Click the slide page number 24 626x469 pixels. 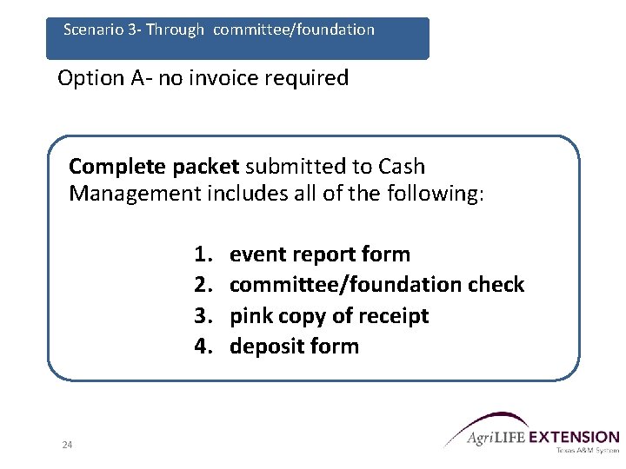(67, 445)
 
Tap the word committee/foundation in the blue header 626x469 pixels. (293, 30)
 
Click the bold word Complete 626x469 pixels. (119, 166)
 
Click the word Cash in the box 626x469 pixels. (403, 166)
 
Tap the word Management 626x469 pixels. (135, 193)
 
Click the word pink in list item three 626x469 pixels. (251, 315)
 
